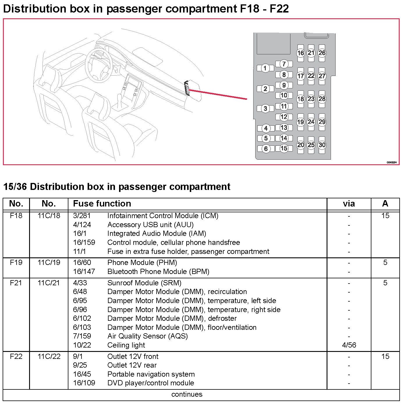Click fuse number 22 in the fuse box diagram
[x=311, y=76]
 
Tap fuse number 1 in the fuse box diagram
[x=265, y=68]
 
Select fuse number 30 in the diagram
[x=322, y=145]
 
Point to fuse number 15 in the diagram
[x=284, y=148]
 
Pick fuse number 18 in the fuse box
[x=300, y=99]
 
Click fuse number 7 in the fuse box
[x=284, y=64]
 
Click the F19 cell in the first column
[x=16, y=263]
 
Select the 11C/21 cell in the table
[x=49, y=283]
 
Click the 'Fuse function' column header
[x=102, y=204]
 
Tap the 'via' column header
[x=349, y=204]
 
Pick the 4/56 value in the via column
[x=349, y=345]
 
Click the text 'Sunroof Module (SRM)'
[x=144, y=283]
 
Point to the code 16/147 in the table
[x=84, y=272]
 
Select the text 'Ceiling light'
[x=126, y=345]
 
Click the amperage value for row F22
[x=385, y=357]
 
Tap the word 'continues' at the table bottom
[x=187, y=394]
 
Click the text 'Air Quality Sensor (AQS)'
[x=147, y=336]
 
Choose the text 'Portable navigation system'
[x=151, y=374]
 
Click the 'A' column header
[x=385, y=204]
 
